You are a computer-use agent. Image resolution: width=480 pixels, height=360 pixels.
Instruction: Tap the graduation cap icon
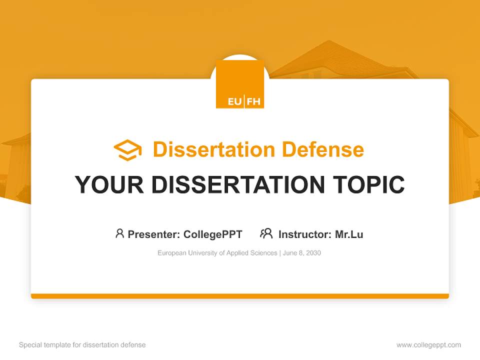pyautogui.click(x=127, y=150)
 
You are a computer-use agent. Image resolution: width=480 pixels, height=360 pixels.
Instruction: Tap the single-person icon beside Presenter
pyautogui.click(x=119, y=233)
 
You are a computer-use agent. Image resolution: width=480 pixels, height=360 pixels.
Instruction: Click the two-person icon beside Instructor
pyautogui.click(x=266, y=233)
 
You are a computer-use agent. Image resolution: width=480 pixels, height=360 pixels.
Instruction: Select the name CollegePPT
pyautogui.click(x=213, y=234)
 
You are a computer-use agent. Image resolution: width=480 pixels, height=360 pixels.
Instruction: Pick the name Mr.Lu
pyautogui.click(x=349, y=234)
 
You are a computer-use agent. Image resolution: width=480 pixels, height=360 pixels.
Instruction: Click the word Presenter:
pyautogui.click(x=154, y=234)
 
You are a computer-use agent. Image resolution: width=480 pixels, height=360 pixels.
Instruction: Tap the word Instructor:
pyautogui.click(x=304, y=234)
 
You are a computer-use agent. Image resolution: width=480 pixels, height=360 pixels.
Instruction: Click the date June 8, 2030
pyautogui.click(x=302, y=253)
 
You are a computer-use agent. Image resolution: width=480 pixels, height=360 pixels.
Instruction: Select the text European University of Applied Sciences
pyautogui.click(x=217, y=253)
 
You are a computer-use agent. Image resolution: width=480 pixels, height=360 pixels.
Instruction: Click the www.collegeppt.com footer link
pyautogui.click(x=428, y=345)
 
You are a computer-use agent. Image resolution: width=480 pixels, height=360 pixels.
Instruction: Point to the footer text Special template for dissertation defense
pyautogui.click(x=82, y=345)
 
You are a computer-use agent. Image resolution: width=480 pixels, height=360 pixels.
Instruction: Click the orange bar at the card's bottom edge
pyautogui.click(x=240, y=296)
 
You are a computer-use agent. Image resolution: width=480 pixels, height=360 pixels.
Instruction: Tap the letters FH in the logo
pyautogui.click(x=253, y=101)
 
